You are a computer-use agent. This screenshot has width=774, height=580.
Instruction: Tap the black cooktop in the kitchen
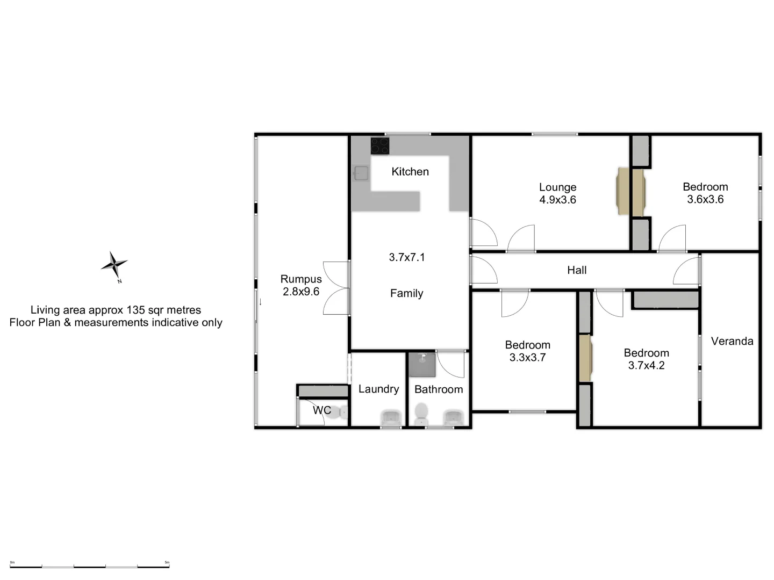tap(380, 146)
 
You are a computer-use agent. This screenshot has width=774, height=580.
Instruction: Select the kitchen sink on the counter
tap(361, 173)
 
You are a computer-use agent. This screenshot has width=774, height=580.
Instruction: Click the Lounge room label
tap(557, 187)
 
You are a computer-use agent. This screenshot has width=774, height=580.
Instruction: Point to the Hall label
tap(577, 270)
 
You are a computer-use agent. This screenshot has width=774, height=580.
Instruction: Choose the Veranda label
tap(732, 341)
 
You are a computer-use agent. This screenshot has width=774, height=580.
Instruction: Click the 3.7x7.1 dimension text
tap(406, 257)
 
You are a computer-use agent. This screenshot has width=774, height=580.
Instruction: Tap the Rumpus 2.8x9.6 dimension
tap(301, 292)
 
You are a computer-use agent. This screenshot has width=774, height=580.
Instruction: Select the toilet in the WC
tap(336, 412)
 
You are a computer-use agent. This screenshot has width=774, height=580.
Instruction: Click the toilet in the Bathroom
tap(421, 414)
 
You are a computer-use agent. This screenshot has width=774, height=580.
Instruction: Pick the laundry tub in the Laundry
tap(391, 418)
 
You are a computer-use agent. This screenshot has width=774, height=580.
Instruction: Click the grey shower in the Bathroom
tap(422, 364)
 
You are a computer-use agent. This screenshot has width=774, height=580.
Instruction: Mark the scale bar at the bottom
tap(90, 567)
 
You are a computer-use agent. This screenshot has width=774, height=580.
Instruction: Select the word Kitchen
tap(410, 171)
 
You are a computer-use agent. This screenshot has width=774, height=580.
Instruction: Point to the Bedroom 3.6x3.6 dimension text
tap(705, 199)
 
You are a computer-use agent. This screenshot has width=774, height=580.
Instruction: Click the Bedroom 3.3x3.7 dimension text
tap(527, 358)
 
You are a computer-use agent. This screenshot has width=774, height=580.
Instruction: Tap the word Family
tap(406, 293)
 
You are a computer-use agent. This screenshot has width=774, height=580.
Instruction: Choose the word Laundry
tap(379, 389)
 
